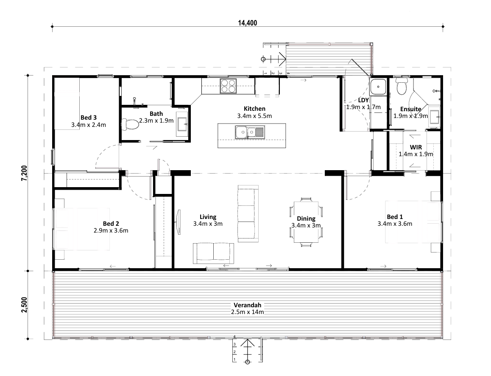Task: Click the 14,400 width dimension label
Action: tap(247, 23)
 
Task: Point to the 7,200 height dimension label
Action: tap(25, 173)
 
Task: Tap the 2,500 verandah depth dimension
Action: tap(25, 305)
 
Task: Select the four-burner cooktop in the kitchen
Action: tap(228, 86)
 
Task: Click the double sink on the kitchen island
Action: tap(250, 132)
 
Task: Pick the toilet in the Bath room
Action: tap(130, 124)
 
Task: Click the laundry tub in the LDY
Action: tap(379, 87)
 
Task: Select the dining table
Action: tap(306, 222)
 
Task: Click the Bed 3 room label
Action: tap(89, 118)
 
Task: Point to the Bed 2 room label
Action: tap(111, 223)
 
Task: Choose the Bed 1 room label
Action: tap(395, 216)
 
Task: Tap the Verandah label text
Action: tap(247, 305)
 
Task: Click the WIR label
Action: tap(416, 147)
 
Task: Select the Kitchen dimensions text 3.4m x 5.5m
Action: tap(254, 115)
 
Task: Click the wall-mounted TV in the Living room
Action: tap(178, 222)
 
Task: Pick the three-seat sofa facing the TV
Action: tap(248, 214)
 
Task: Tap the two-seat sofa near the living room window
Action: tap(213, 253)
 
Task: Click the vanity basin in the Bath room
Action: tap(182, 124)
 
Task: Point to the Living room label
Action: tap(208, 217)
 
